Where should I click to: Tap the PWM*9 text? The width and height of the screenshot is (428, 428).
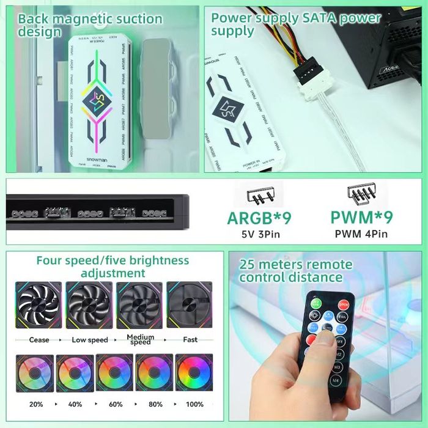pos(361,218)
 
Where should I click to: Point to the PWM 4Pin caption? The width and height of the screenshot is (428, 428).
pos(361,234)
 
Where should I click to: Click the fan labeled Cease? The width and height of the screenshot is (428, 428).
pos(39,308)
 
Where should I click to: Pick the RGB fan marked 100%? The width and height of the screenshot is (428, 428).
pos(194,374)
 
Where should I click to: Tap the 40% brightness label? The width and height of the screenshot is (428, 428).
pos(75,404)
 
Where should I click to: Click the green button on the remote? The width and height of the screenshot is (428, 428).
pos(316,303)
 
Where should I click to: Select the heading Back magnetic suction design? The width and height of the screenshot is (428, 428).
pos(90,24)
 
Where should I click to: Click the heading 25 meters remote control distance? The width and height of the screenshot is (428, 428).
pos(296,271)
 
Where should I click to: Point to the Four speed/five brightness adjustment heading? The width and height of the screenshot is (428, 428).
pos(113,267)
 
